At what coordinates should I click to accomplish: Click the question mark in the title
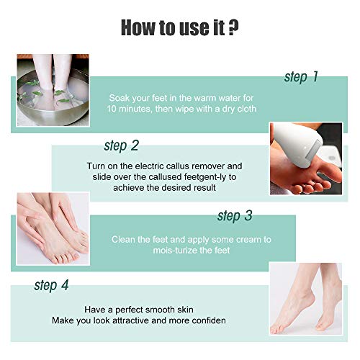point(233,27)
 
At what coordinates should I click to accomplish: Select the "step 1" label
point(301,77)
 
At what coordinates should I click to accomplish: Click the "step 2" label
point(122,145)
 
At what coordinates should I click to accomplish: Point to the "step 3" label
point(235,215)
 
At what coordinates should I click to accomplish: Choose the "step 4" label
point(51,285)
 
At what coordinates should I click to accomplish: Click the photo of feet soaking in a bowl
point(53,90)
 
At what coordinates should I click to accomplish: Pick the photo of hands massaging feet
point(53,228)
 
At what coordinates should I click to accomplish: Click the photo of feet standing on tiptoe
point(306,299)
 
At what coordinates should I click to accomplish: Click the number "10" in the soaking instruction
point(112,109)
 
